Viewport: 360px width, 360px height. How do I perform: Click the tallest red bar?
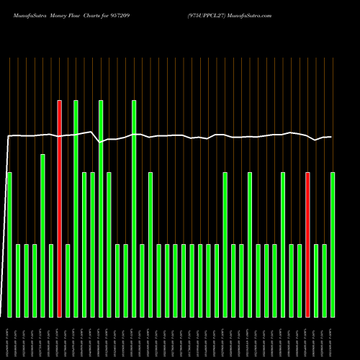coord(59,209)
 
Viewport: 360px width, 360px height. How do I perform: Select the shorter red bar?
coord(307,245)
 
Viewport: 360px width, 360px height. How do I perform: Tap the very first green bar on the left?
coord(9,245)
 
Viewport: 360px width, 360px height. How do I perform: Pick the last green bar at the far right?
coord(333,245)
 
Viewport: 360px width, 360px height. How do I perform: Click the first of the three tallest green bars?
coord(76,209)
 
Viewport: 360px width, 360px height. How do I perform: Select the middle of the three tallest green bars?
coord(101,209)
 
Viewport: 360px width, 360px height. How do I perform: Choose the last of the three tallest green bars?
coord(134,209)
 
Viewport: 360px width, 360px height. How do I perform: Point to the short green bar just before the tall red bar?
coord(51,281)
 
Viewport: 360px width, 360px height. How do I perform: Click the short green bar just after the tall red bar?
coord(68,281)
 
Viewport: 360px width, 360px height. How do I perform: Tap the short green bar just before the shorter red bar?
coord(300,281)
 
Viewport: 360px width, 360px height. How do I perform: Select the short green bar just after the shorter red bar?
coord(316,281)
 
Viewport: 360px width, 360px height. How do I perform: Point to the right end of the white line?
coord(331,137)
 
